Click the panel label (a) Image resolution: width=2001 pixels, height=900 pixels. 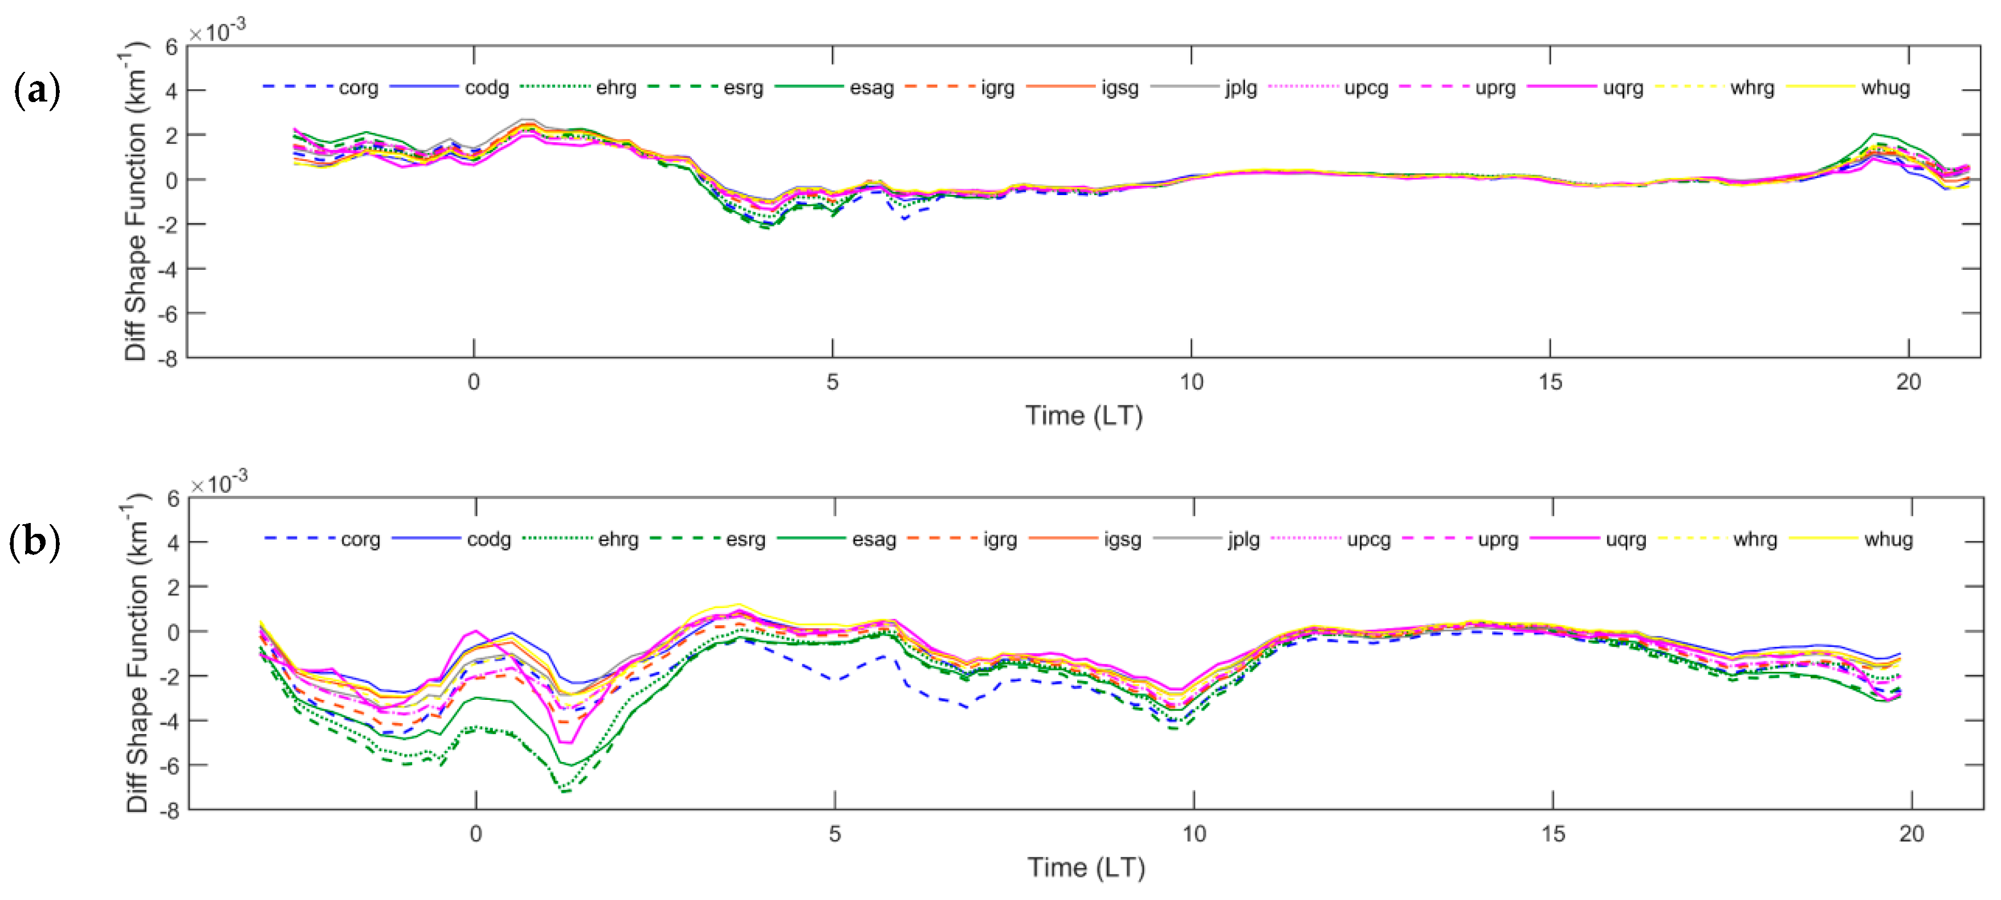(36, 90)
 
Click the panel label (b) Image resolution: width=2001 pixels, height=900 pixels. (34, 542)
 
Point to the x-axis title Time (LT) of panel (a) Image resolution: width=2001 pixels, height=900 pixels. (1083, 416)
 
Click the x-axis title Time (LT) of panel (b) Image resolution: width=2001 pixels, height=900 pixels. (1086, 867)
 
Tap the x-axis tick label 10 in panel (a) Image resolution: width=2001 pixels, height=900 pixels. (1191, 382)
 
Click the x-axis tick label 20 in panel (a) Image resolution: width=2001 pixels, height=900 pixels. (1908, 382)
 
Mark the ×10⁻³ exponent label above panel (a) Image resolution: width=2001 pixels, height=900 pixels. (218, 31)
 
